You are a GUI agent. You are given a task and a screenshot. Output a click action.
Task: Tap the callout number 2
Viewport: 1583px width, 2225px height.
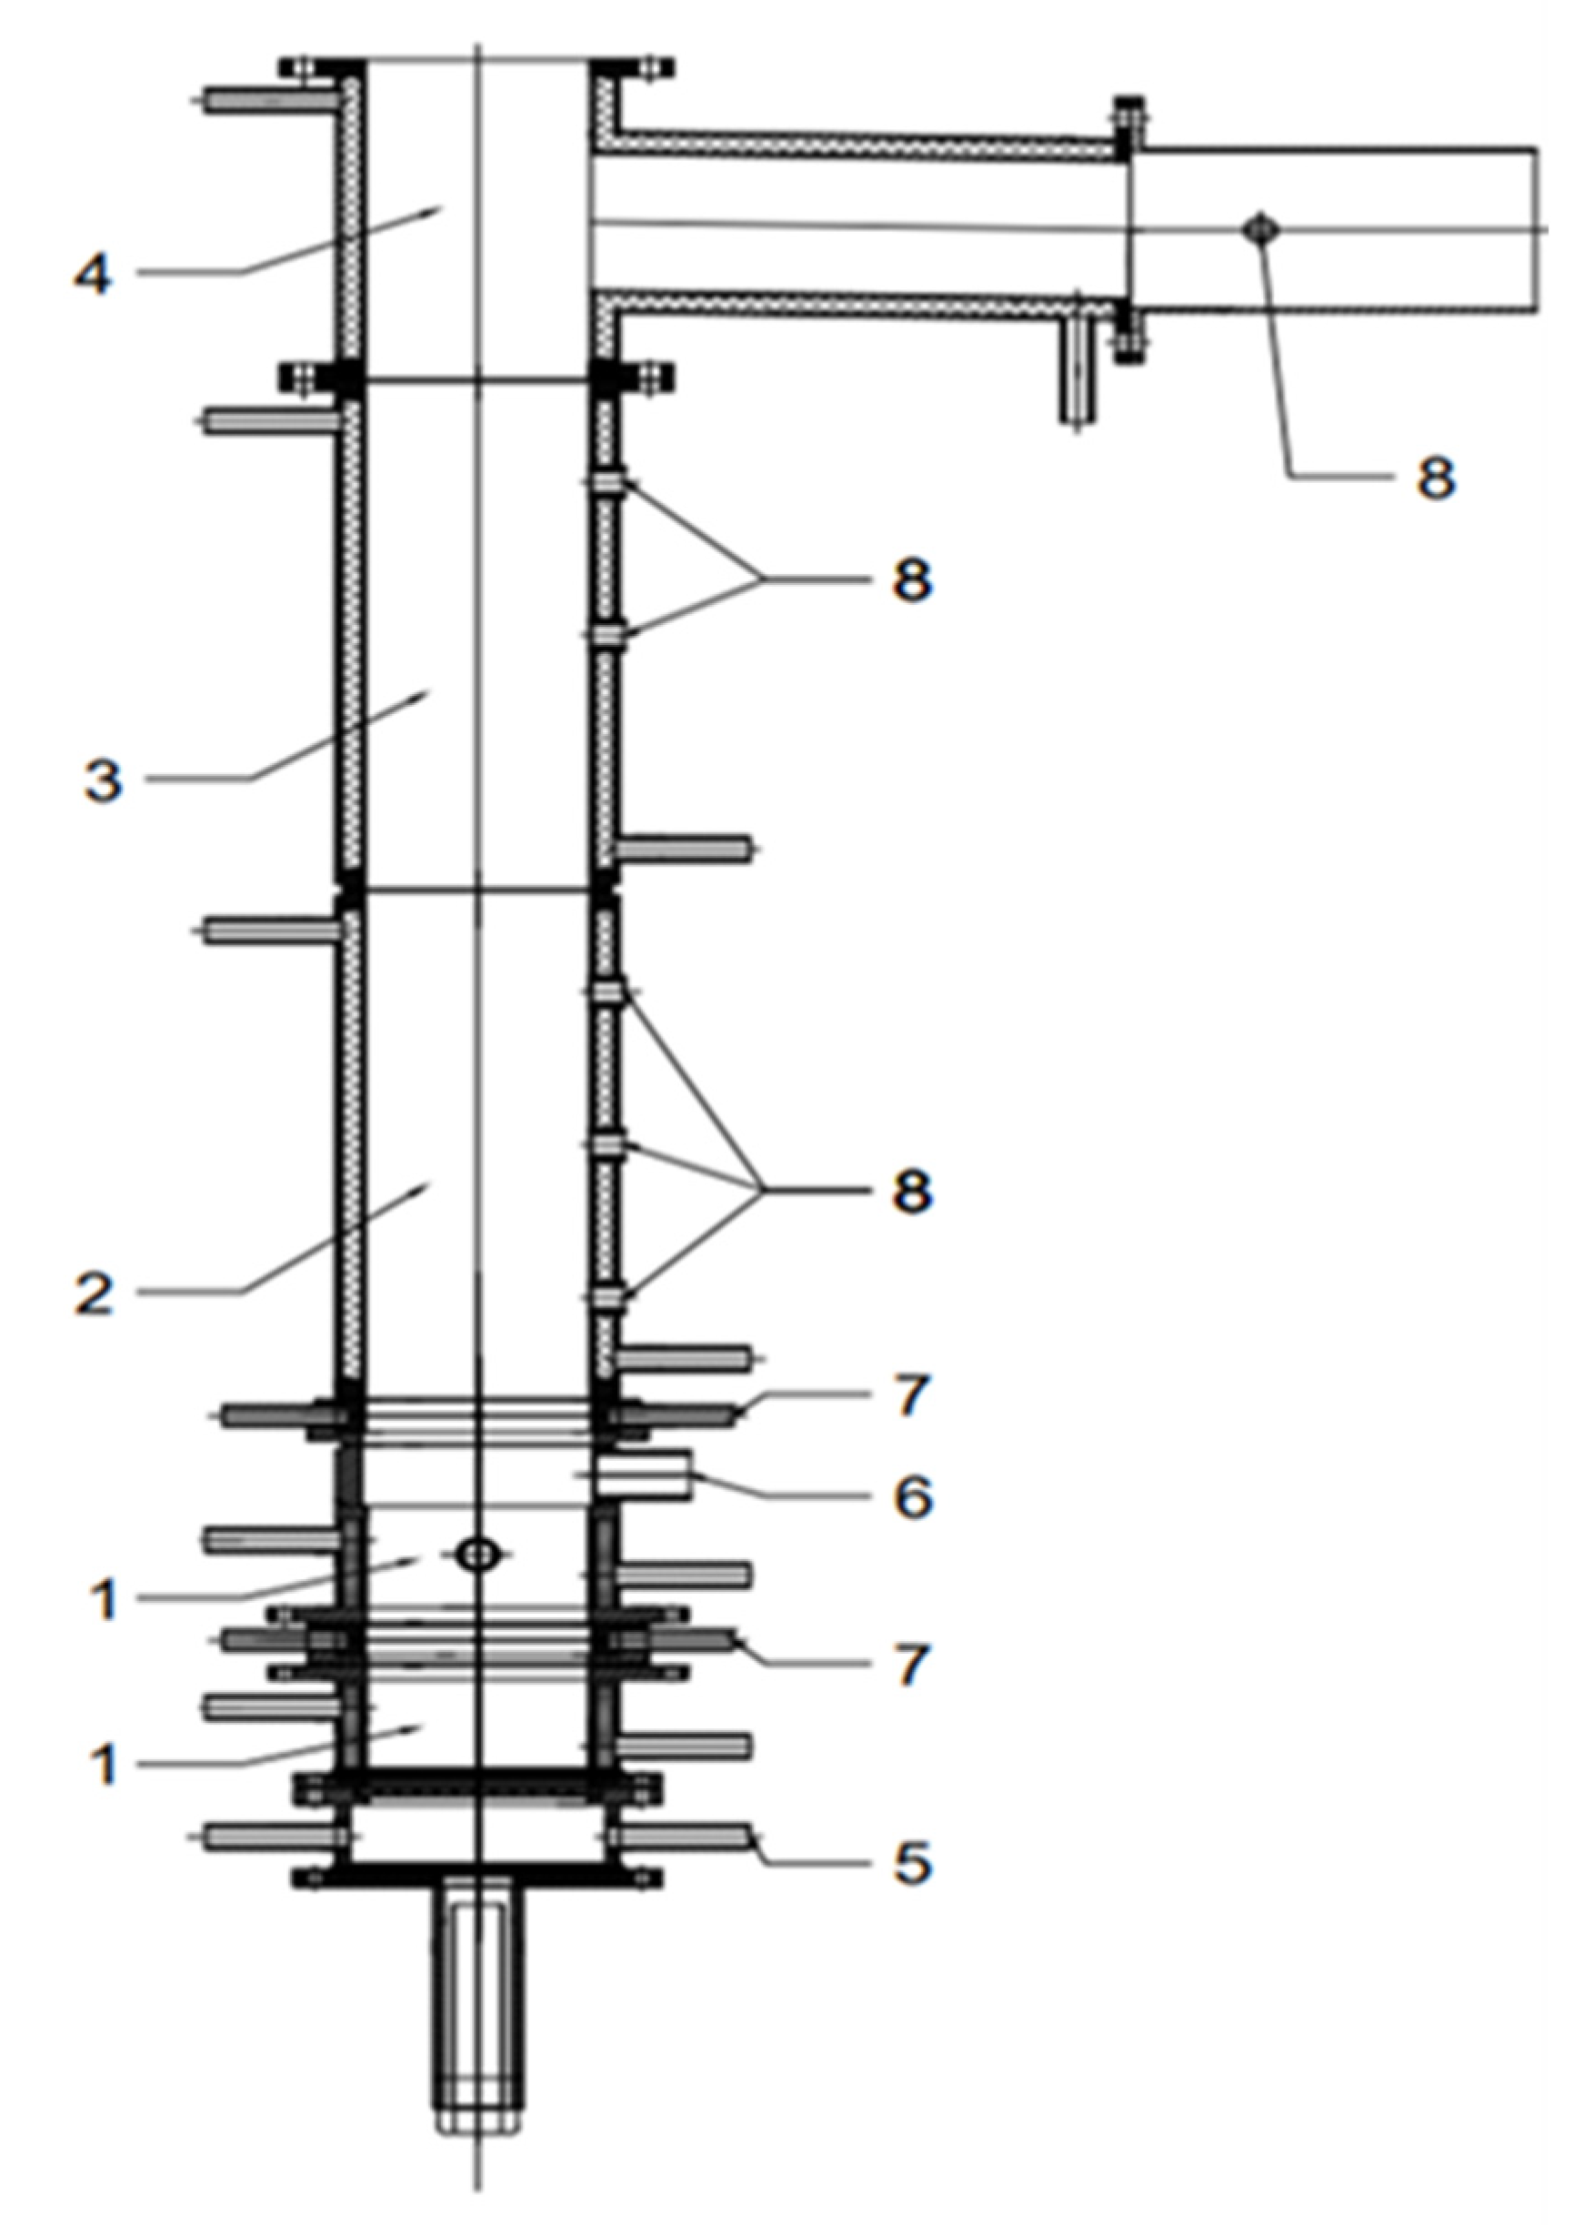(x=95, y=1293)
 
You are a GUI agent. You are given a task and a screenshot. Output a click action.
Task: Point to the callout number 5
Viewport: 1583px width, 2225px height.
(x=911, y=1863)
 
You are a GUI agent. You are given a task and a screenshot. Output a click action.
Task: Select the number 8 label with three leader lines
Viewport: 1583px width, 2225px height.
(x=911, y=1191)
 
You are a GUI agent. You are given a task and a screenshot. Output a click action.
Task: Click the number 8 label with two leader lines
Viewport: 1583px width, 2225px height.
(x=911, y=581)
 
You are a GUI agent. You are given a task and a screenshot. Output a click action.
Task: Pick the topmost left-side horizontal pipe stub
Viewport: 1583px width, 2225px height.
(x=268, y=99)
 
